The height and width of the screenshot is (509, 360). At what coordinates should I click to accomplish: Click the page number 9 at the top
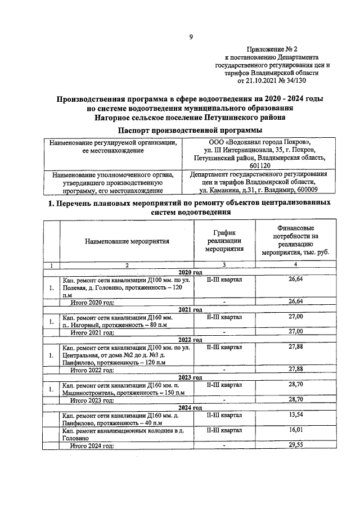point(191,38)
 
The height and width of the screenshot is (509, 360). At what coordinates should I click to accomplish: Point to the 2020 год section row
point(190,272)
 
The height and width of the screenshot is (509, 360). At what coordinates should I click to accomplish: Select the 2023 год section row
point(190,377)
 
